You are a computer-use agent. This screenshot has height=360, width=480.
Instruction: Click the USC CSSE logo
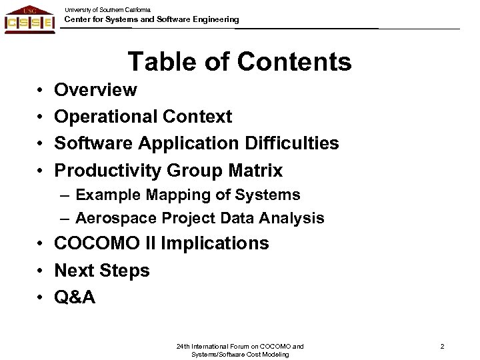pos(29,19)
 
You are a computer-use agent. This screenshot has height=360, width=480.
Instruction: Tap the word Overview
pos(96,89)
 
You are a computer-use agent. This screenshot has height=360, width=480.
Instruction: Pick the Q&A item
pos(75,297)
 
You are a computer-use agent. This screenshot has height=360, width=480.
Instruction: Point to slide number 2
pos(441,346)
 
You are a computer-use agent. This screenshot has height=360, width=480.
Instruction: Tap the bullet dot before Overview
pos(41,90)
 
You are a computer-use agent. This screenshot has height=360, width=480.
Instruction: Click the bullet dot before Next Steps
pos(41,271)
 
